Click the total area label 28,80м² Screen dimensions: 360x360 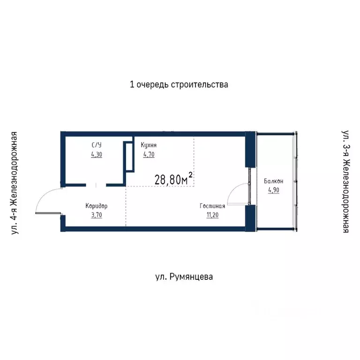coord(173,180)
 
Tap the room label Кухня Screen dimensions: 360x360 coord(149,145)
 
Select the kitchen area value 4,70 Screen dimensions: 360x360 coord(149,154)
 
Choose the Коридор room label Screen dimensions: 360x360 coord(97,206)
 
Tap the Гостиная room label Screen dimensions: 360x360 coord(212,206)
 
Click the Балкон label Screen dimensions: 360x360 coord(273,181)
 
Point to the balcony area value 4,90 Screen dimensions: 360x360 coord(273,190)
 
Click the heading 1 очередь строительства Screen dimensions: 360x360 coord(179,85)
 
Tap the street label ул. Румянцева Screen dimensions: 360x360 coord(184,277)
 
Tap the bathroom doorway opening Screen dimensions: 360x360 coord(96,185)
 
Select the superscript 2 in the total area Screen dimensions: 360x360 coord(191,174)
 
